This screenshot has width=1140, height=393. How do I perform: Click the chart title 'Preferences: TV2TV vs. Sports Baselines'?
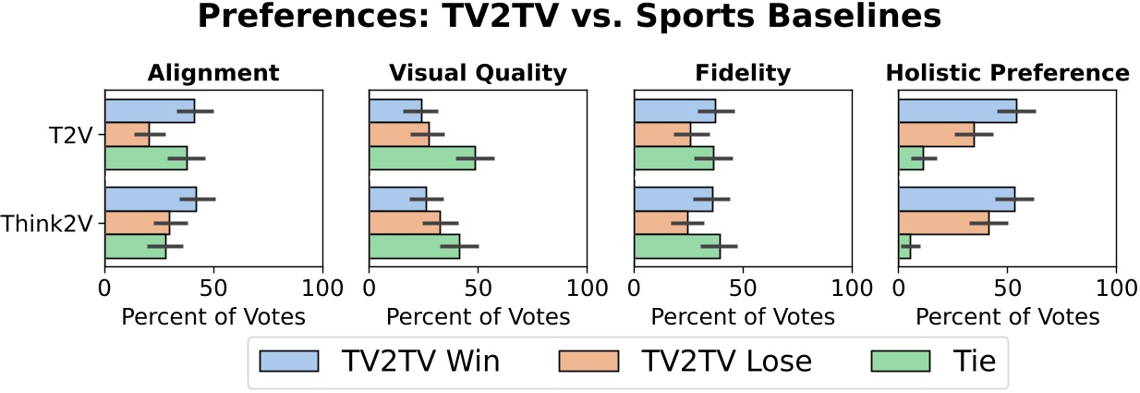tap(569, 18)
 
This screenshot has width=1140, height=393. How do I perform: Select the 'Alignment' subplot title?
tap(213, 73)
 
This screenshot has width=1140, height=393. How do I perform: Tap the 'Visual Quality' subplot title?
tap(478, 73)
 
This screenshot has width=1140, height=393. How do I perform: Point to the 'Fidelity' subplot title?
tap(743, 73)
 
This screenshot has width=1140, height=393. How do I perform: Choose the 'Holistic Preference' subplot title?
tap(1007, 73)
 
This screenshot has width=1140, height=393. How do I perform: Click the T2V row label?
tap(72, 135)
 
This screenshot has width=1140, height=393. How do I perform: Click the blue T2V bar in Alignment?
tap(150, 111)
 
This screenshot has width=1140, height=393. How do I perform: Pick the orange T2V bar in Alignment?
tap(127, 135)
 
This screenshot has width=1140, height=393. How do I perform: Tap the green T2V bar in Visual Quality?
tap(422, 158)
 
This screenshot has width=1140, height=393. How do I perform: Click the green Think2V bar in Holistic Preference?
tap(904, 246)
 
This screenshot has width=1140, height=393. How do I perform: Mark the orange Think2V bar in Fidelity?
tap(661, 223)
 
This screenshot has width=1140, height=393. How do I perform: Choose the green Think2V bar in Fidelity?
tap(677, 246)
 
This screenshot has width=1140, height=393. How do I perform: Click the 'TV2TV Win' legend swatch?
tap(289, 361)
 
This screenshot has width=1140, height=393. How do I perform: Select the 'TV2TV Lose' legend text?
tap(726, 362)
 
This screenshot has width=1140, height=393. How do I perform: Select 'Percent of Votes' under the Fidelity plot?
tap(743, 316)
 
